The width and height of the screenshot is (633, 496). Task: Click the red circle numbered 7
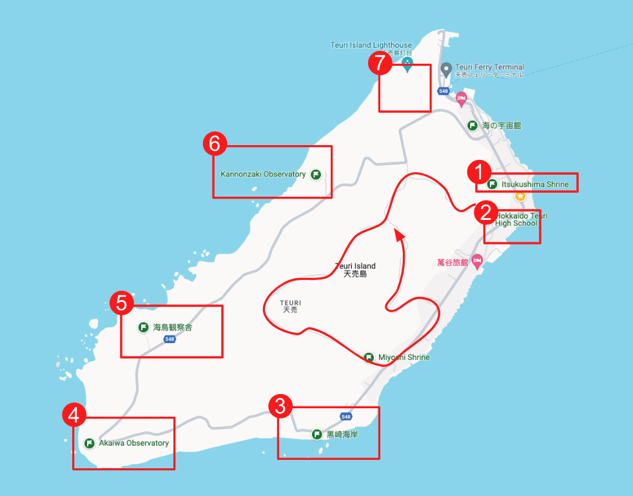(x=380, y=63)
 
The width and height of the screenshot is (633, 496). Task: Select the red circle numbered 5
(x=122, y=303)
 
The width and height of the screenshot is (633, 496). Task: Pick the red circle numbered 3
(x=280, y=406)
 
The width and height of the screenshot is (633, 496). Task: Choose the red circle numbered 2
(x=485, y=212)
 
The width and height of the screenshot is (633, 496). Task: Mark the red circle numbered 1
(x=478, y=172)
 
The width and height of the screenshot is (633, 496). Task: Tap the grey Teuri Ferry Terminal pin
(x=445, y=68)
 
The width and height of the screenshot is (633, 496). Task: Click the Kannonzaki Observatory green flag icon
(x=316, y=174)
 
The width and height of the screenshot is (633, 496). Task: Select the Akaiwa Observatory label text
(x=133, y=443)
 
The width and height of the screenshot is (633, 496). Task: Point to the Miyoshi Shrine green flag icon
(x=369, y=357)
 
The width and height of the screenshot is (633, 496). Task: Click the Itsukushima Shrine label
(x=534, y=184)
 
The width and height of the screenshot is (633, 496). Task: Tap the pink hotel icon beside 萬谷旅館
(x=477, y=262)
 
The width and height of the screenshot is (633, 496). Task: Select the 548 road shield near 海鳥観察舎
(x=170, y=339)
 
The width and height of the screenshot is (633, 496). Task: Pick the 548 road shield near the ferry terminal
(x=443, y=92)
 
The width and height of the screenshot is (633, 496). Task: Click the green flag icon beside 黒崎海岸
(x=317, y=435)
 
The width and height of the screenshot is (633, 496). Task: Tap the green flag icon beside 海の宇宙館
(x=472, y=126)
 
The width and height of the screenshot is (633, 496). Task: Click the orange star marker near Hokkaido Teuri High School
(x=520, y=195)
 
